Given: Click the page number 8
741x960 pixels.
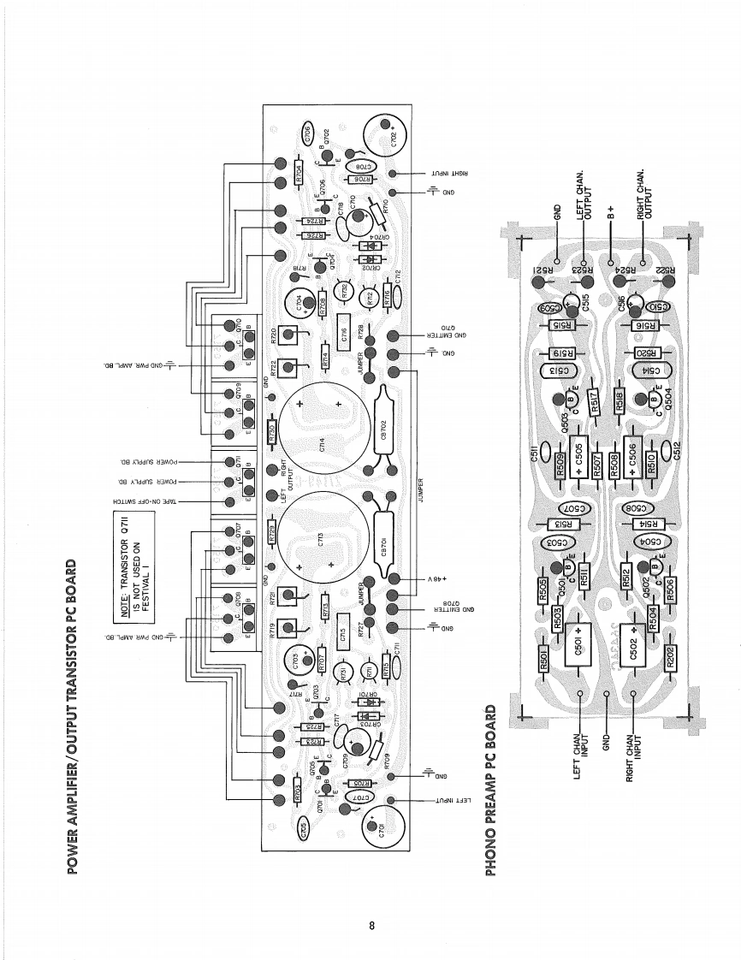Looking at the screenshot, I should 371,925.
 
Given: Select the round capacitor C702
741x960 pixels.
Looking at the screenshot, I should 387,135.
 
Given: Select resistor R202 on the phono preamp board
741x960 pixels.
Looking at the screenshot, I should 669,657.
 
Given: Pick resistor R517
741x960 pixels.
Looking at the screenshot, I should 591,397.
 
